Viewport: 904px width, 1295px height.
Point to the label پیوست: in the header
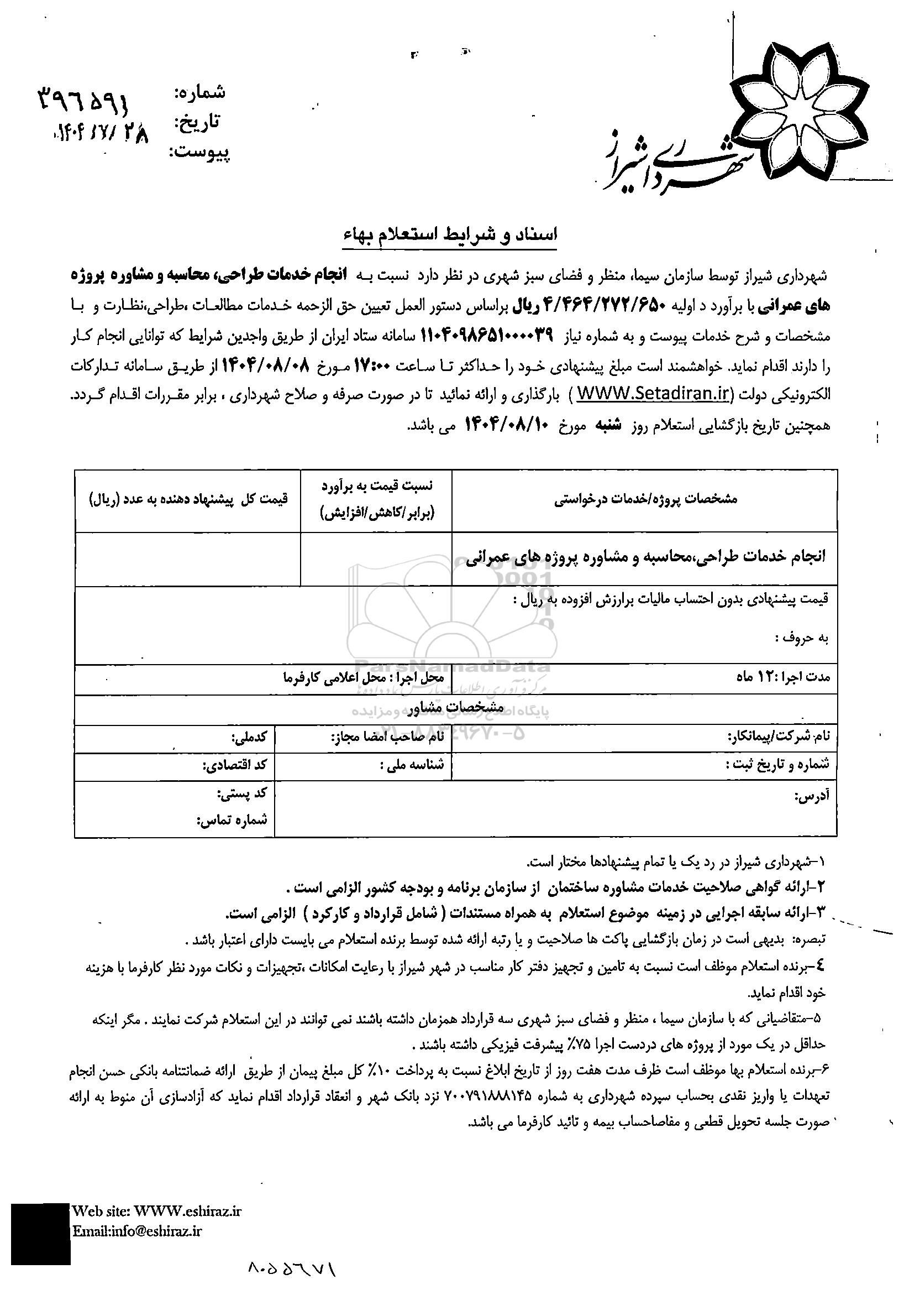click(199, 152)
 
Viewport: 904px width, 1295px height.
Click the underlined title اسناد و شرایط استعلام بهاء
click(449, 235)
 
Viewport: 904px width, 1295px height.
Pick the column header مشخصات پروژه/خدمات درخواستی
click(645, 499)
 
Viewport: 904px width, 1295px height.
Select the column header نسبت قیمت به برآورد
click(376, 499)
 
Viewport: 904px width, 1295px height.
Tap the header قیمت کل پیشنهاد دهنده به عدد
click(188, 499)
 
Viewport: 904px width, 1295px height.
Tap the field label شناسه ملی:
click(412, 765)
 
